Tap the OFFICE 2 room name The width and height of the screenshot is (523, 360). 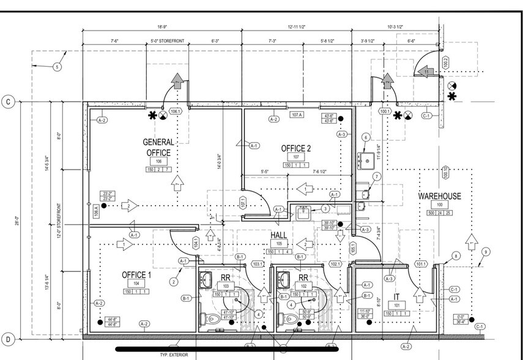coord(296,148)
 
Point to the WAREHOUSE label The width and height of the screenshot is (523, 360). coord(439,196)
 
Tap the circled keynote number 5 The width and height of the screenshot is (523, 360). coord(57,67)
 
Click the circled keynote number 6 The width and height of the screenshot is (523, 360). coord(366,138)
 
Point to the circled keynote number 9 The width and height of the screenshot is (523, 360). coord(486,251)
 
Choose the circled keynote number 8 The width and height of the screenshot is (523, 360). coord(456,255)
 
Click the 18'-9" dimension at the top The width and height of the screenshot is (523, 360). coord(161,28)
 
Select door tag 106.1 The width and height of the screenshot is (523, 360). coord(176,112)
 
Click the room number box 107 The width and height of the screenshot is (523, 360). coord(296,157)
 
